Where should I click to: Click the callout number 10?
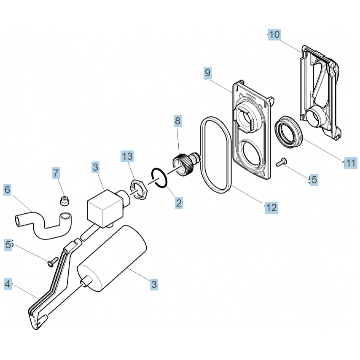tap(274, 35)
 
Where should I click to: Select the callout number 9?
tap(207, 73)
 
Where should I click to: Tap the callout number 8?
tap(178, 121)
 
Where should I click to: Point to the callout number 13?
tap(127, 156)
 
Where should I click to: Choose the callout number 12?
tap(271, 208)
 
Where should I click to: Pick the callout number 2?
tap(179, 203)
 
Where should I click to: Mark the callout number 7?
tap(56, 173)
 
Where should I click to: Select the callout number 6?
tap(7, 190)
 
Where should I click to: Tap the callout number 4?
tap(8, 284)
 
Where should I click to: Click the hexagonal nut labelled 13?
tap(138, 190)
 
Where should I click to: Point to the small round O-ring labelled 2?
tap(159, 178)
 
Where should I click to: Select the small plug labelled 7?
tap(64, 201)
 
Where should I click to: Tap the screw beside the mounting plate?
tap(282, 162)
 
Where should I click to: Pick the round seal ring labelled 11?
tap(289, 132)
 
